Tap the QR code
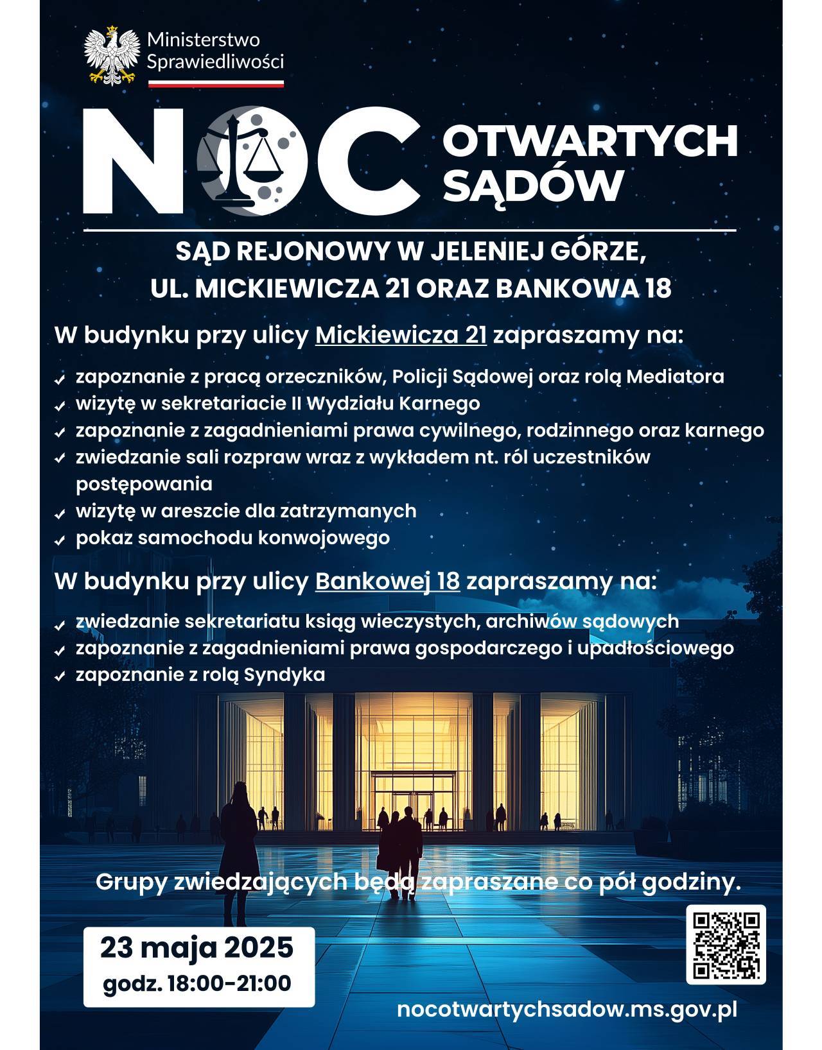point(726,944)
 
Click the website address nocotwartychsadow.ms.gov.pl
point(567,1008)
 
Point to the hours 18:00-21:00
point(229,983)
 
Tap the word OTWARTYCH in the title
point(590,142)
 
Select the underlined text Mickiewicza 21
point(401,335)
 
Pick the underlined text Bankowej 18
point(387,581)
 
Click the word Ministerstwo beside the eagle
point(204,40)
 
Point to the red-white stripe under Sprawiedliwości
point(216,83)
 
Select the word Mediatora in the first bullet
point(675,376)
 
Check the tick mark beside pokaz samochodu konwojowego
point(60,540)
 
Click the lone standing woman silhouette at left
point(238,834)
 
